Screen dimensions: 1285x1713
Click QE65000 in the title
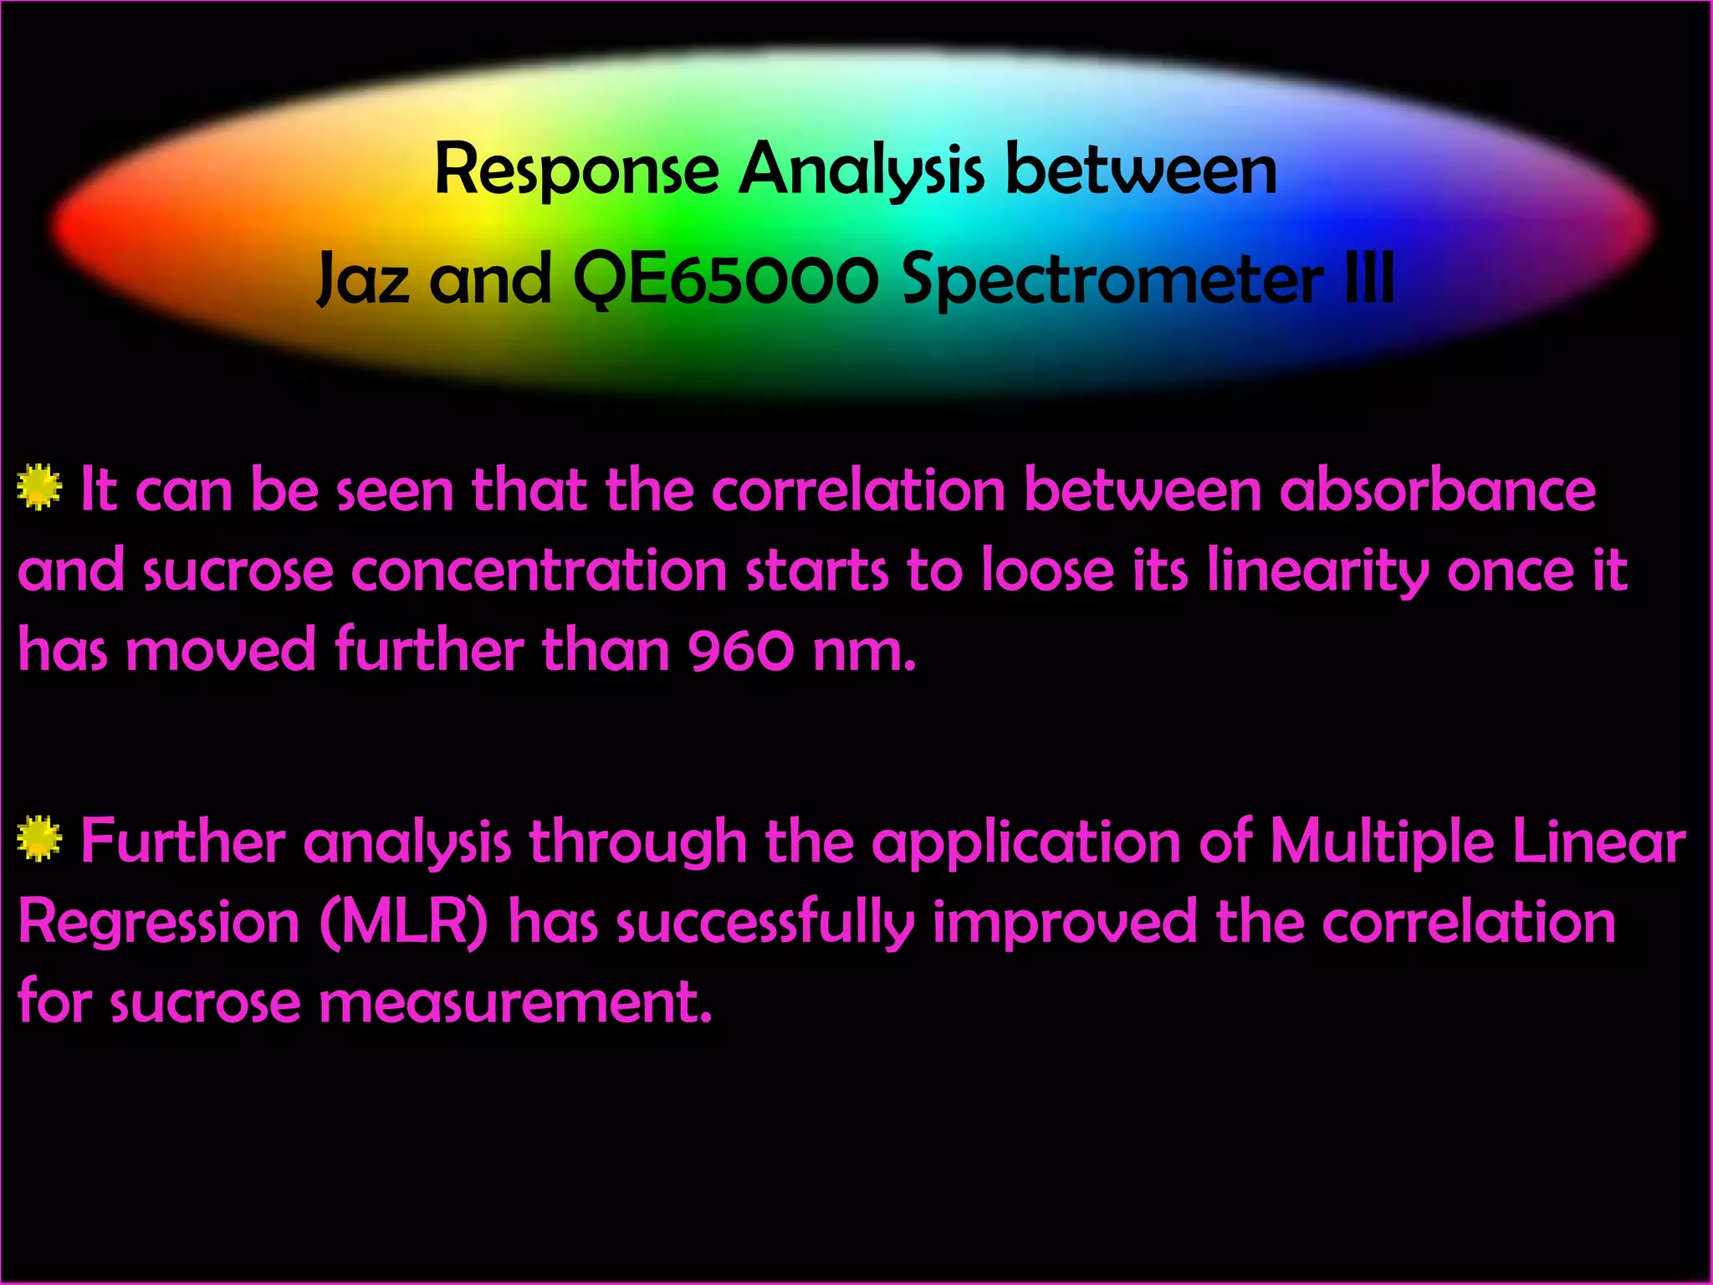point(725,280)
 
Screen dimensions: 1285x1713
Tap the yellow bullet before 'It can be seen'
point(38,487)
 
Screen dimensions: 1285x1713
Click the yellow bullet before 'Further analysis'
point(38,839)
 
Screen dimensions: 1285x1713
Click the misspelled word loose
point(1047,571)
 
